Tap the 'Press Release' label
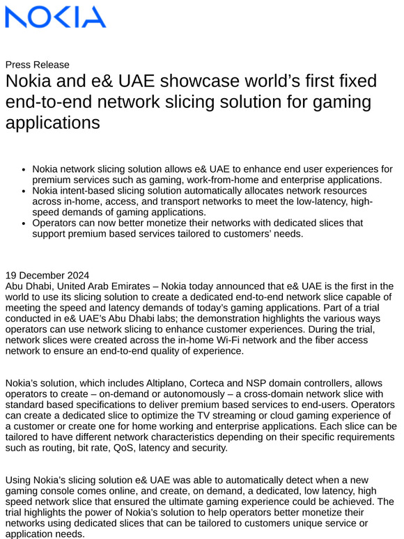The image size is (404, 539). (x=38, y=65)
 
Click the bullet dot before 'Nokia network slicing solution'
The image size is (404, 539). (x=24, y=169)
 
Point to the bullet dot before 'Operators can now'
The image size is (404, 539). (x=24, y=224)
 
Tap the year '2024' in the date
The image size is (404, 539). (x=77, y=276)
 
